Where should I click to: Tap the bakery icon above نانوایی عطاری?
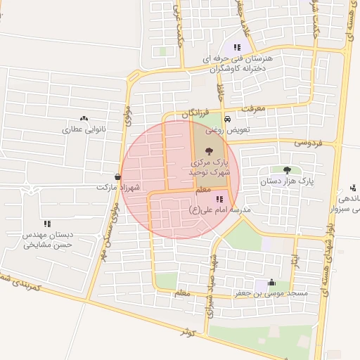tap(84, 119)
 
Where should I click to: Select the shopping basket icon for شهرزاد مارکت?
tap(117, 177)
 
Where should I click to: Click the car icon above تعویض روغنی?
tap(226, 119)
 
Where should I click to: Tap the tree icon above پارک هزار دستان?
tap(286, 170)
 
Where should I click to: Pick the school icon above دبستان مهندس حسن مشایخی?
tap(47, 223)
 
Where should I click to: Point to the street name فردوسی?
tap(307, 143)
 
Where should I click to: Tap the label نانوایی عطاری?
tap(83, 129)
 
